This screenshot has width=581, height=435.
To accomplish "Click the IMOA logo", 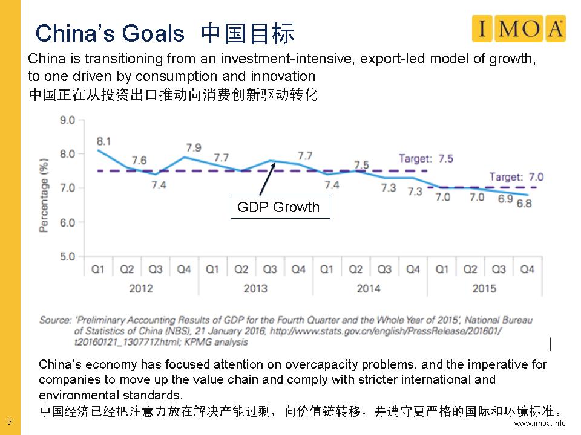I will click(519, 28).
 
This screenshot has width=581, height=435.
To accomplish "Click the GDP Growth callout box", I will click(279, 207).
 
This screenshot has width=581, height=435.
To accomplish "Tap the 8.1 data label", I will click(103, 141).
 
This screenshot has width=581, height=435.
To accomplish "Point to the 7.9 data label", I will click(194, 147).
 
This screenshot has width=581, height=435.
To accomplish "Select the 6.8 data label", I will click(524, 204).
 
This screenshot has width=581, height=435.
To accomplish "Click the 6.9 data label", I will click(505, 199).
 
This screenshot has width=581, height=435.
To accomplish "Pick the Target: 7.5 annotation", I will click(425, 159).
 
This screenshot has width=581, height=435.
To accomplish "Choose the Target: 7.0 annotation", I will click(516, 177).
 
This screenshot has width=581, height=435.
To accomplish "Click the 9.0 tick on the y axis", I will click(67, 120).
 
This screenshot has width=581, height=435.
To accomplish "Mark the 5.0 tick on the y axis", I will click(67, 257).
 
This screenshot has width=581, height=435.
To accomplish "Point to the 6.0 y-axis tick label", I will click(67, 223).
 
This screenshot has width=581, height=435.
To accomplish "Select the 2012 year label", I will click(141, 288).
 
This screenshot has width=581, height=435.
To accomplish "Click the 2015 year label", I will click(484, 288).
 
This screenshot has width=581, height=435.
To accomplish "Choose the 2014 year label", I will click(369, 288).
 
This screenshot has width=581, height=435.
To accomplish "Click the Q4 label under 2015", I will click(527, 269).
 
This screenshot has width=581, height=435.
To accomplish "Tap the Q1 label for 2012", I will click(98, 269).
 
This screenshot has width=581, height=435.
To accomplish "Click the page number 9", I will click(9, 421).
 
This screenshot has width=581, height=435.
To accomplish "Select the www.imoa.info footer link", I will click(540, 423).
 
